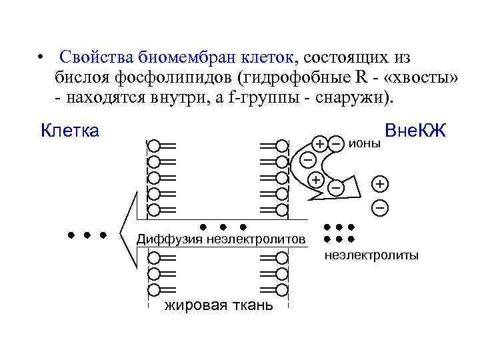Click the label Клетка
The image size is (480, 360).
click(x=70, y=130)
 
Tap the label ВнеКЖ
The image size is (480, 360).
click(x=415, y=131)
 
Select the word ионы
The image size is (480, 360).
click(x=365, y=143)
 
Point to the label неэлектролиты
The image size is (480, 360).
click(x=371, y=255)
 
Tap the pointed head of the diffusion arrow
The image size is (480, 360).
click(x=121, y=234)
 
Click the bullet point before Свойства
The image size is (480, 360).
click(x=41, y=56)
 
